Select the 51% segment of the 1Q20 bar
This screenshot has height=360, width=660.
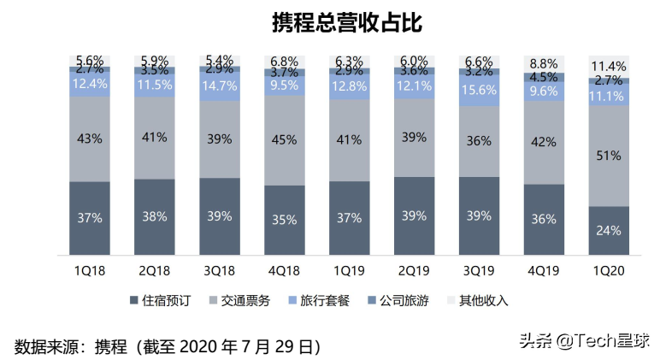pos(609,156)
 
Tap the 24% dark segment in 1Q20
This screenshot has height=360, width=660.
pos(609,230)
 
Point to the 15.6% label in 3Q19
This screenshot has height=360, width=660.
pos(479,90)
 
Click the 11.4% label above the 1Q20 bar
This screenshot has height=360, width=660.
pos(609,66)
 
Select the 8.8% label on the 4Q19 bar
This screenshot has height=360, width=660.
pos(544,63)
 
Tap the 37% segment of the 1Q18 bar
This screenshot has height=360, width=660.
pos(89,217)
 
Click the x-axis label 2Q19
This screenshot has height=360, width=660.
pos(414,270)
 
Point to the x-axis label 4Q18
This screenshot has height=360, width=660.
pos(284,270)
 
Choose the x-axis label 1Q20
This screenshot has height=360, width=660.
pos(609,270)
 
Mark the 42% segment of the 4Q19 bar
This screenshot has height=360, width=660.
pos(544,143)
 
